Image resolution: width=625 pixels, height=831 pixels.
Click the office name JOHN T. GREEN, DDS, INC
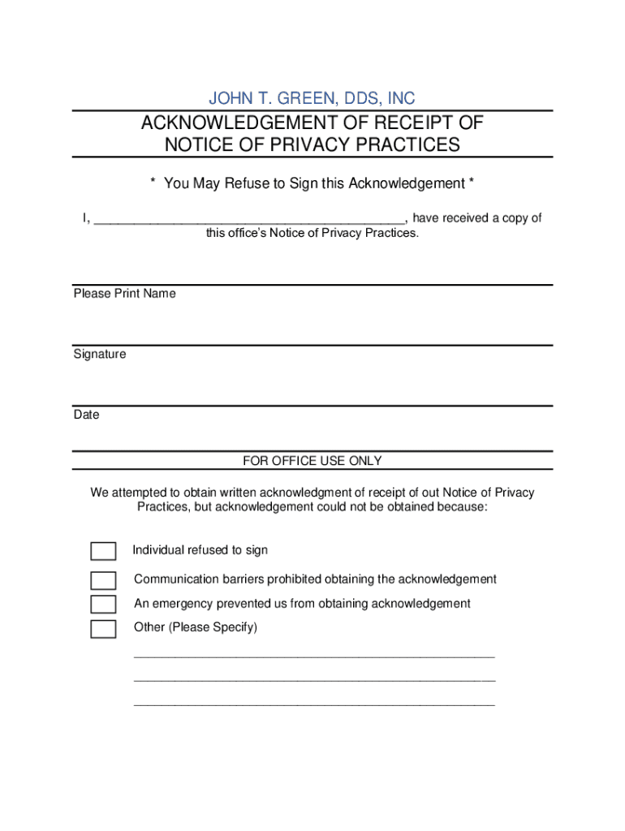point(312,99)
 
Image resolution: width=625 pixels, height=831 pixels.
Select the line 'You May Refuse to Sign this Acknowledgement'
point(312,183)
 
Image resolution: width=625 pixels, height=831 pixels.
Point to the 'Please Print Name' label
point(124,294)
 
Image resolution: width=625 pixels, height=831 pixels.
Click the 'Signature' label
point(100,355)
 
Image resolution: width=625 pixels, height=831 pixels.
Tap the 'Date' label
point(86,415)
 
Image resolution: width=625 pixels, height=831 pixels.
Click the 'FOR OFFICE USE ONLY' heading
point(312,461)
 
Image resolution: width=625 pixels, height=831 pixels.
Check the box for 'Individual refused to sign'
point(103,552)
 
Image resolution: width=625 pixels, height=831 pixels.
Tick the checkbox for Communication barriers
point(103,580)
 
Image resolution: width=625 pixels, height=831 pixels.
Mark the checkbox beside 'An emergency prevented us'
point(103,605)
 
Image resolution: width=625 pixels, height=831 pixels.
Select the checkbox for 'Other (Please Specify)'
point(103,629)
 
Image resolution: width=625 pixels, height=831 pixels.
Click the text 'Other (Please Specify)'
point(196,627)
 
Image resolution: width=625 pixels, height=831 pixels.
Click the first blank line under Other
point(313,654)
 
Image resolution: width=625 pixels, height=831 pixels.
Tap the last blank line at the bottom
point(313,703)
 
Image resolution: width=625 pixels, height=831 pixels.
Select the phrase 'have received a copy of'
point(477,218)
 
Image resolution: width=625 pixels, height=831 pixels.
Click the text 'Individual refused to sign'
point(200,550)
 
